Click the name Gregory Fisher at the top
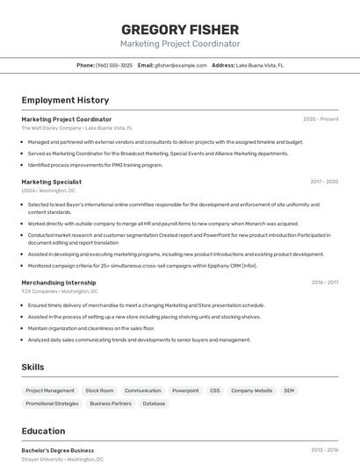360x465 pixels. pos(180,29)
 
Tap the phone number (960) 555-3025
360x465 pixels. pos(114,65)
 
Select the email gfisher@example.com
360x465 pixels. pos(174,65)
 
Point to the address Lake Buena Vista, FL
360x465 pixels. pos(259,65)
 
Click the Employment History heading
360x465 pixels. pos(65,100)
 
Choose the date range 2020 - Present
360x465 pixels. pos(320,119)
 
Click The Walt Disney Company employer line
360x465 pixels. pos(77,128)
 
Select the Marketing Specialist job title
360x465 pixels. pos(52,182)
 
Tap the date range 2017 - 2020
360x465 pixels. pos(324,182)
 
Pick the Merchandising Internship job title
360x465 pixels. pos(59,283)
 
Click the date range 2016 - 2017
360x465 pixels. pos(324,283)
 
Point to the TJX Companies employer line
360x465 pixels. pos(60,291)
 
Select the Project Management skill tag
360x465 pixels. pos(50,390)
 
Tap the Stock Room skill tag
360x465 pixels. pos(99,390)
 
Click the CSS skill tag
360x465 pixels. pos(215,390)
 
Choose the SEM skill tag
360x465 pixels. pos(289,390)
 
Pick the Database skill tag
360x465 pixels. pos(154,404)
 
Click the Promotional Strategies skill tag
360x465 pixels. pos(52,404)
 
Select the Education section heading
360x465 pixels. pos(43,431)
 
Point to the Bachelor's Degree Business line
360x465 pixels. pos(58,450)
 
